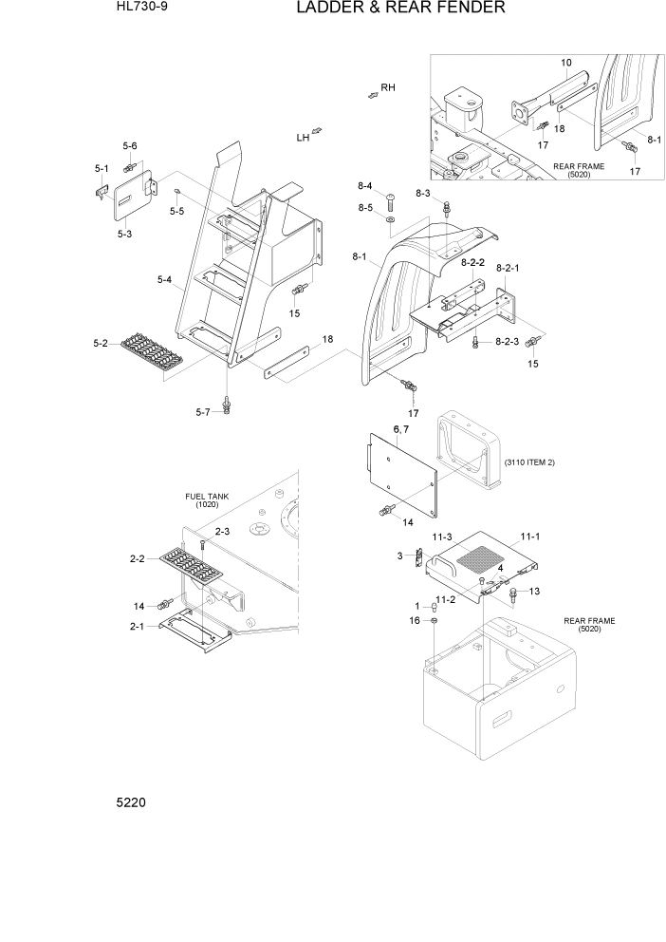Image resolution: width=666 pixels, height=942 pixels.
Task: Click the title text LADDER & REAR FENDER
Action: [x=399, y=9]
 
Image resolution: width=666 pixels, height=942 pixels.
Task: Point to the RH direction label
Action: [x=387, y=87]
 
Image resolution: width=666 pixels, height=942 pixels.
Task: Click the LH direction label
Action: [x=303, y=138]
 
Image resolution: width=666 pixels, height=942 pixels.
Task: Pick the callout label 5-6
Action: [x=130, y=145]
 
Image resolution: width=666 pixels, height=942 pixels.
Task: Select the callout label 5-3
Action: [x=124, y=233]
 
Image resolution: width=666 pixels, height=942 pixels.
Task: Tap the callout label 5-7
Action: [x=202, y=411]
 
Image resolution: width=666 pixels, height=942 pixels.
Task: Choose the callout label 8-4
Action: [x=364, y=186]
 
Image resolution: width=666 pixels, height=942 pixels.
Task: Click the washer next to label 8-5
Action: [x=391, y=218]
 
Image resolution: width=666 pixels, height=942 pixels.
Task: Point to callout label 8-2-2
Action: [x=472, y=261]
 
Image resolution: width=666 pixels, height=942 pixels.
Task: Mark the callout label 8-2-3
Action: [x=509, y=342]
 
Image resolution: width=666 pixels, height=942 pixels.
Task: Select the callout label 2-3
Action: [x=222, y=532]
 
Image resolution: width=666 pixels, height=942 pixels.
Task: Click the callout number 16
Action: [x=415, y=620]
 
